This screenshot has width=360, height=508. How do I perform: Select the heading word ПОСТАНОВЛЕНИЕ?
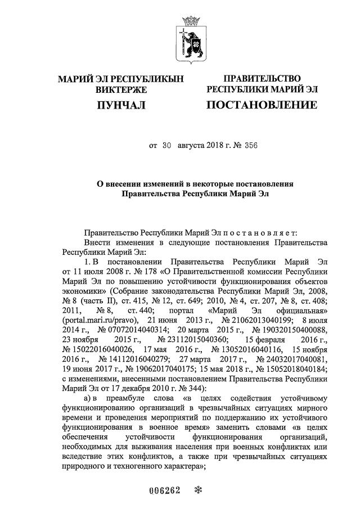tap(262, 105)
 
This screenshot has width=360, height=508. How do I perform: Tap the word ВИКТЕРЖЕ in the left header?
tap(121, 89)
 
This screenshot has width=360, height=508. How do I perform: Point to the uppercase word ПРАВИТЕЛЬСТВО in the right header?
tap(262, 79)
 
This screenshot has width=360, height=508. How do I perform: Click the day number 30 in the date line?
tap(166, 145)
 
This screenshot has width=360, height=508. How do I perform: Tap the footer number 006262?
tap(164, 489)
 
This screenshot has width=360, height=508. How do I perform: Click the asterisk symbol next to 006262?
tap(197, 489)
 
